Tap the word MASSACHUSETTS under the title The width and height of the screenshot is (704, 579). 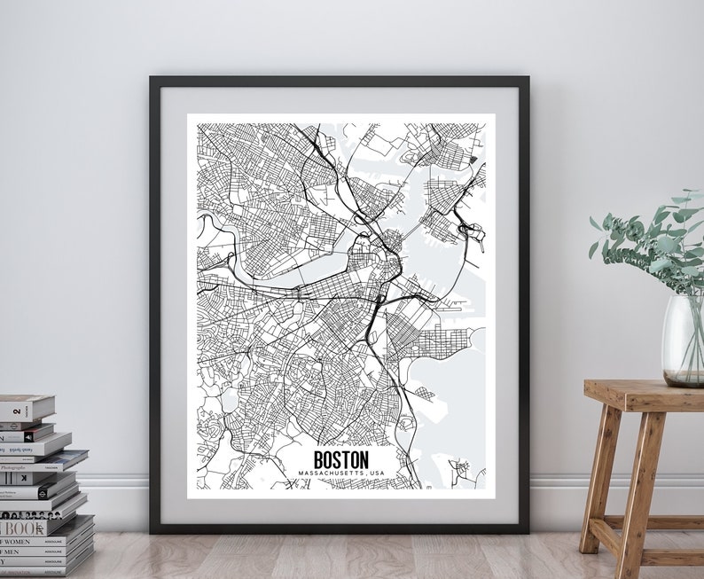pyautogui.click(x=329, y=473)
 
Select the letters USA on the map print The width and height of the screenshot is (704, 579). pyautogui.click(x=378, y=473)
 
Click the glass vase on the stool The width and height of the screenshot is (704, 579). pyautogui.click(x=683, y=341)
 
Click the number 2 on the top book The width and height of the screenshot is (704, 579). pyautogui.click(x=16, y=410)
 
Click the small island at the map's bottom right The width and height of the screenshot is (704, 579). pyautogui.click(x=458, y=468)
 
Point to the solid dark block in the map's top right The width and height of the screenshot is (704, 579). pyautogui.click(x=473, y=159)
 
